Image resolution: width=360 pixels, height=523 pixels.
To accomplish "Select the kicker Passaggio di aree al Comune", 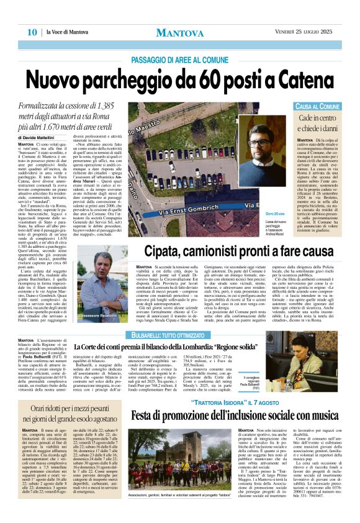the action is point(180,59).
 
